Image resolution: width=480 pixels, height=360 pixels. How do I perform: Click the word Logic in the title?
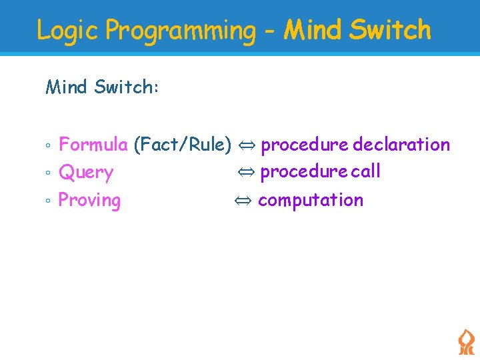(x=69, y=31)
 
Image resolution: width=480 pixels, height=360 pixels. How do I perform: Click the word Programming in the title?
(x=180, y=31)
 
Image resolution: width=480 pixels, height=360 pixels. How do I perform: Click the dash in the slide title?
(x=270, y=32)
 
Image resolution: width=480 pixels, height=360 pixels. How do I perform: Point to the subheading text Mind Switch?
(x=102, y=87)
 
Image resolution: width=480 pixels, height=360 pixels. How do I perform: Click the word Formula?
(x=93, y=144)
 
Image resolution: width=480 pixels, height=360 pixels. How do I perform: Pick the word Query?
(x=86, y=173)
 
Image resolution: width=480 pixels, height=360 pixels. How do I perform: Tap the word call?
(x=366, y=171)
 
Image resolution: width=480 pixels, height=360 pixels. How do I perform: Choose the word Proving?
(x=90, y=200)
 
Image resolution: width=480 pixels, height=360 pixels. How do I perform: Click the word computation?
(x=311, y=200)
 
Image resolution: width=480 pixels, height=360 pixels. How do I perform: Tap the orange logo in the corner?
(x=466, y=341)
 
